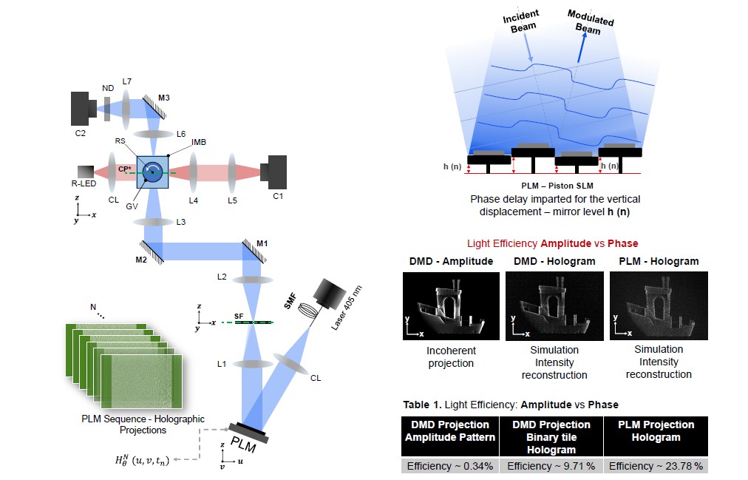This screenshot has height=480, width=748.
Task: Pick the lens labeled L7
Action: click(x=126, y=108)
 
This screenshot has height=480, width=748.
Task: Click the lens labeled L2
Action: click(x=254, y=280)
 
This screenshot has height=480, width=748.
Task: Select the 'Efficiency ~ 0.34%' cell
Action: click(x=449, y=466)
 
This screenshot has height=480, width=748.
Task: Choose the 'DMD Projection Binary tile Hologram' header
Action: click(x=552, y=437)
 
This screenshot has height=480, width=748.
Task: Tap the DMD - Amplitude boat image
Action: click(x=451, y=305)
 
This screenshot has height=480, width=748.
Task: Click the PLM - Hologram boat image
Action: click(x=659, y=305)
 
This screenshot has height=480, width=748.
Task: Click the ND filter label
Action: click(x=109, y=86)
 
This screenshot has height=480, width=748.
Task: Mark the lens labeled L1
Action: click(x=254, y=364)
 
